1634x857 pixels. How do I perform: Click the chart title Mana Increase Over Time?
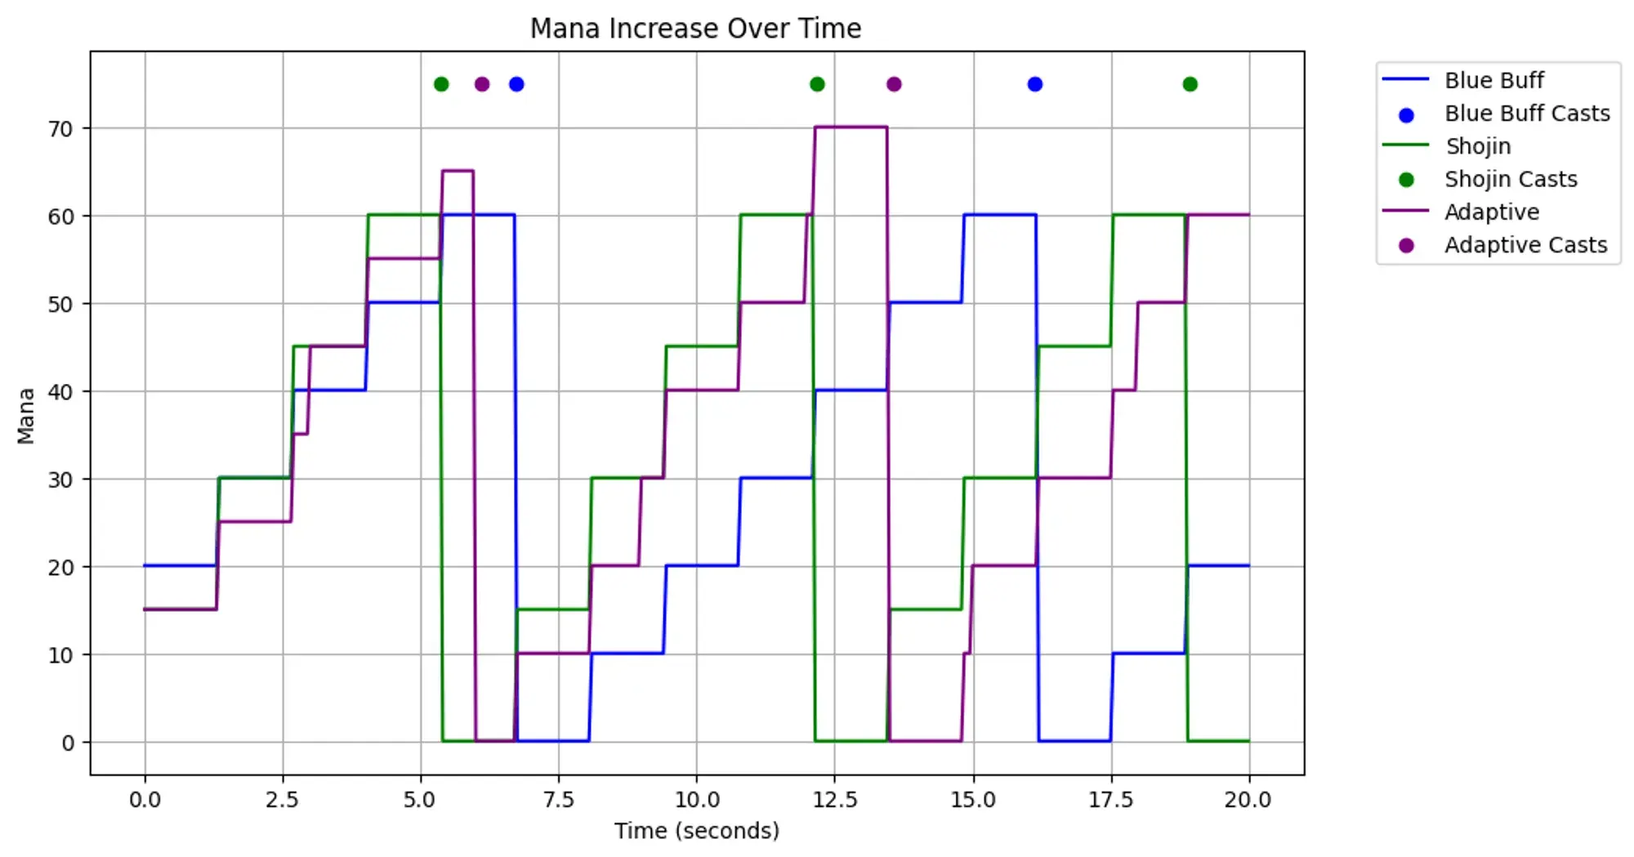click(x=695, y=29)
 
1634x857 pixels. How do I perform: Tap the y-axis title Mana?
click(x=26, y=416)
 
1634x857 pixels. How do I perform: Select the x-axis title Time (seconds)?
click(x=697, y=831)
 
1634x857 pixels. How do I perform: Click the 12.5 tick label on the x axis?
click(x=835, y=800)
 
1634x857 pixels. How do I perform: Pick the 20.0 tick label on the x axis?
click(x=1248, y=800)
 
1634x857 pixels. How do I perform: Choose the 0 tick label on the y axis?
click(x=68, y=743)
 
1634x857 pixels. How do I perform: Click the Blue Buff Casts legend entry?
click(x=1526, y=114)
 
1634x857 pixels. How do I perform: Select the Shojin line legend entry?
click(x=1477, y=146)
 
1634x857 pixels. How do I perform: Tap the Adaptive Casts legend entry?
click(x=1525, y=245)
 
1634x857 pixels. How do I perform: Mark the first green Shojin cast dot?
click(x=441, y=84)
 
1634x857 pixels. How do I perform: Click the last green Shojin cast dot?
click(x=1190, y=84)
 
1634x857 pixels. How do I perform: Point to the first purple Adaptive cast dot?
click(x=482, y=84)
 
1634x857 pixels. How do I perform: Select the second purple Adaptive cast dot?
click(x=894, y=84)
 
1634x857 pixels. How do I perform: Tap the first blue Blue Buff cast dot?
click(x=516, y=84)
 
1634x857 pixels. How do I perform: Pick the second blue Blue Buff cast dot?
click(x=1034, y=84)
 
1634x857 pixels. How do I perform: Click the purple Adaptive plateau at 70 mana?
click(x=850, y=127)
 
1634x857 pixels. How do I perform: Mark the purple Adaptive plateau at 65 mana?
click(x=458, y=171)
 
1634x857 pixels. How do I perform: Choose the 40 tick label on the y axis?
click(x=60, y=392)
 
